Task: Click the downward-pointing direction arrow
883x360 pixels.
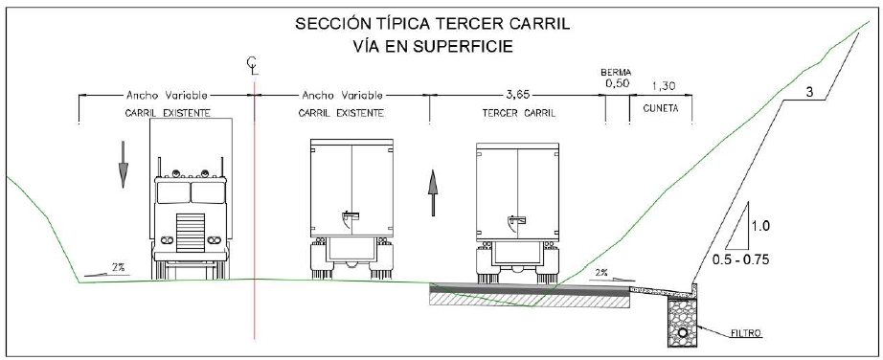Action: click(x=123, y=164)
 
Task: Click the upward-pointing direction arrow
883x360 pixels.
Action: click(x=433, y=192)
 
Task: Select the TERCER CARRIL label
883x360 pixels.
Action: click(x=519, y=113)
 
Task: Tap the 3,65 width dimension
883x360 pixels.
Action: click(x=518, y=95)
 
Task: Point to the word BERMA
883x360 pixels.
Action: click(x=616, y=73)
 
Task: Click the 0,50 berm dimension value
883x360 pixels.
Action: click(x=616, y=83)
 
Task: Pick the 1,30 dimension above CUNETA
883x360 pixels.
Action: click(x=664, y=86)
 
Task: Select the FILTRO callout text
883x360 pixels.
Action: click(x=747, y=333)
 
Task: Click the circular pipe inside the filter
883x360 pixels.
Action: click(x=683, y=332)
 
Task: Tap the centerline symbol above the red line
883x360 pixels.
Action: click(x=254, y=65)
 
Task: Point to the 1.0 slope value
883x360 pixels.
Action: click(x=760, y=227)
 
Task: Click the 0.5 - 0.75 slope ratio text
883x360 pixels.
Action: click(x=740, y=260)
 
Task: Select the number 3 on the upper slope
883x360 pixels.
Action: click(x=809, y=93)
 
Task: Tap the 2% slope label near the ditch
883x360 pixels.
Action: click(x=601, y=272)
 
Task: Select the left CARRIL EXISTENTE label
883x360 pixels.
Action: click(x=168, y=113)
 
